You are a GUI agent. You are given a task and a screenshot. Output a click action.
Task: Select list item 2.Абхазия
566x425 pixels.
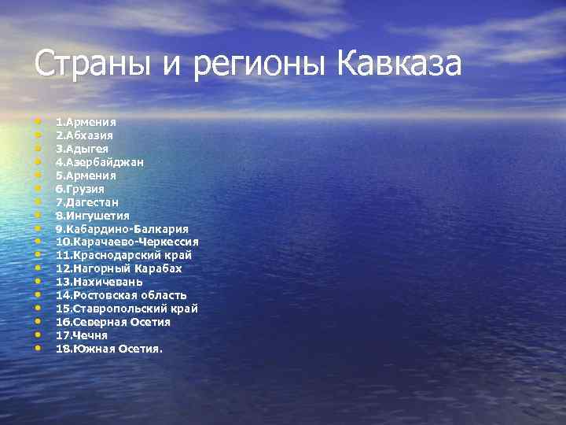(x=85, y=135)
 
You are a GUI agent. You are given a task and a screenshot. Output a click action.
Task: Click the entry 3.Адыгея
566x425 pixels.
(x=82, y=149)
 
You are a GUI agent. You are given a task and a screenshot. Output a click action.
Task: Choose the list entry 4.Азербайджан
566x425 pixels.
(x=99, y=162)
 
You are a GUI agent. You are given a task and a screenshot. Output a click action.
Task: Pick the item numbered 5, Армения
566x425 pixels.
(x=86, y=176)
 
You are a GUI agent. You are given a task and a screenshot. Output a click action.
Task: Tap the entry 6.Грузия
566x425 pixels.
(x=80, y=189)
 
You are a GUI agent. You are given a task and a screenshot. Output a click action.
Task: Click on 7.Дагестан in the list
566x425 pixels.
(x=87, y=202)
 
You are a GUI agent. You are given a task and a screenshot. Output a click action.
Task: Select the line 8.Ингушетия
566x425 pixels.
(x=93, y=216)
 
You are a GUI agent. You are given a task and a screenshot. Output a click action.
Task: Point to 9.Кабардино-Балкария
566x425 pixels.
(x=122, y=229)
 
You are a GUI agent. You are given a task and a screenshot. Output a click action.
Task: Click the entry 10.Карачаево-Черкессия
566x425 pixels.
(x=127, y=242)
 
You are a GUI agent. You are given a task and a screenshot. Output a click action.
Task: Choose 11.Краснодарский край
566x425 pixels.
(x=123, y=256)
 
